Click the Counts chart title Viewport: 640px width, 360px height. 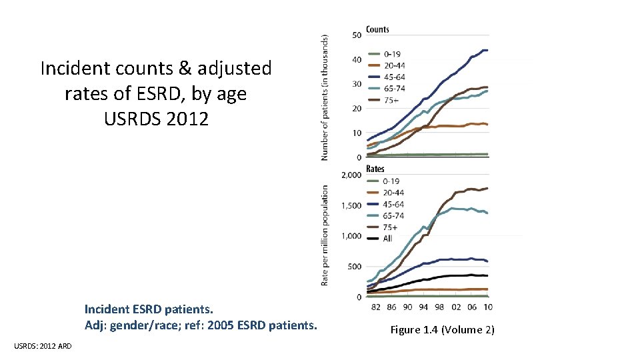(377, 29)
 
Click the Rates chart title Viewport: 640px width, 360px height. (375, 169)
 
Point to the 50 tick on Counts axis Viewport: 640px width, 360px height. (357, 35)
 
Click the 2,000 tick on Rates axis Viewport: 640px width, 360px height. (351, 175)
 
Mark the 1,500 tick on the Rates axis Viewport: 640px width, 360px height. (351, 205)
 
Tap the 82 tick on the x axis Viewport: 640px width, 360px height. (376, 307)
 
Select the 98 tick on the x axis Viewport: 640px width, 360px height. (438, 307)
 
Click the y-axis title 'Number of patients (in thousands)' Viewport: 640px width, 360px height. (325, 97)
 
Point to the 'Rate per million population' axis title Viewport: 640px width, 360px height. (325, 235)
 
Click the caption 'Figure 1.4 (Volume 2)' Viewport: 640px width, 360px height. (442, 329)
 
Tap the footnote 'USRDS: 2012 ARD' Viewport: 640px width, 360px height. (44, 345)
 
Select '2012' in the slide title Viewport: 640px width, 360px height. (187, 119)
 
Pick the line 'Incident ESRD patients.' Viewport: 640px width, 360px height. (149, 309)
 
